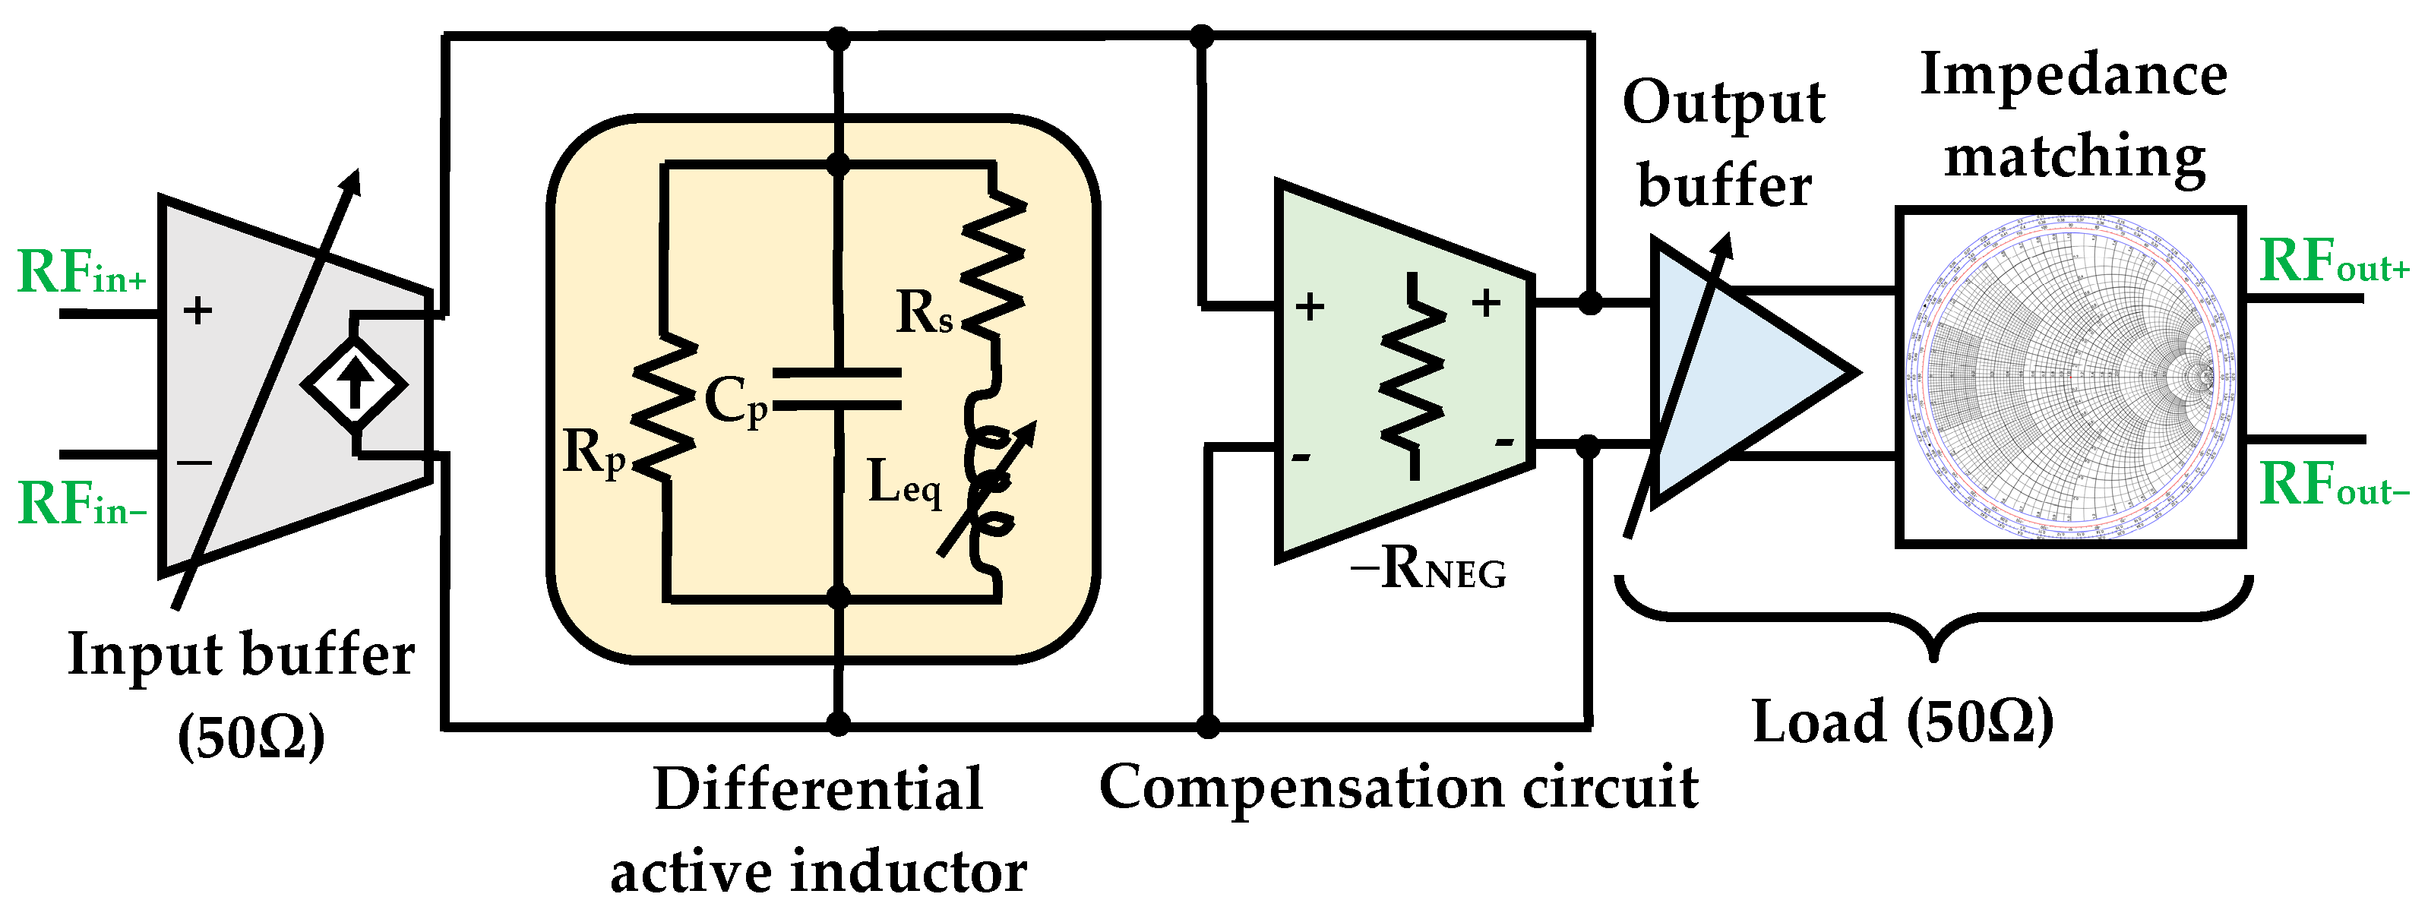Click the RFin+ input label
[82, 273]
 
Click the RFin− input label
[82, 504]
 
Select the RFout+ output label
[2334, 261]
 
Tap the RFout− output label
[2334, 485]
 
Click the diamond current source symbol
[354, 384]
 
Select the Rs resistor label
[924, 312]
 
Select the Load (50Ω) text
[1902, 723]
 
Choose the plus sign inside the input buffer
[198, 310]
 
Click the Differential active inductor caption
[818, 830]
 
